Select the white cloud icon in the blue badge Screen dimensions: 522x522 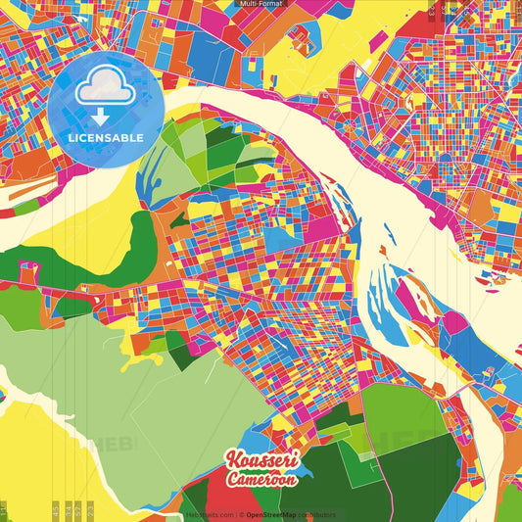tap(105, 85)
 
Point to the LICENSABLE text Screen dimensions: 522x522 tap(105, 137)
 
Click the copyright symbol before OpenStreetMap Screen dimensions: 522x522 tap(243, 514)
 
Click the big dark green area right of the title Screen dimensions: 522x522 tap(411, 470)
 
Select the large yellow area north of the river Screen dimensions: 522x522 tap(304, 49)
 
